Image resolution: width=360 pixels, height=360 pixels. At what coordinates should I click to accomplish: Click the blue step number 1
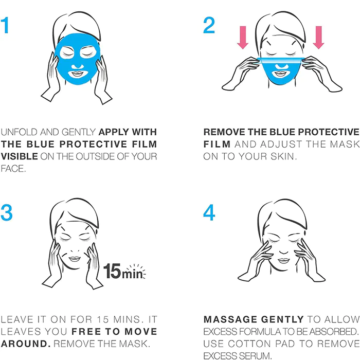[x=5, y=25]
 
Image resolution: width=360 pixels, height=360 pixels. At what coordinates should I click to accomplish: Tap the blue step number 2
[x=209, y=25]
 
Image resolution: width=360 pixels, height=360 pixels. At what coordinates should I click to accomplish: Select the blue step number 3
[x=6, y=212]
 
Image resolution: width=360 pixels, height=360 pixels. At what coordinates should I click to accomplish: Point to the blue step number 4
[x=209, y=212]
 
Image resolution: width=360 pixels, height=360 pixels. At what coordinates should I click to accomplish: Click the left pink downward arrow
[x=243, y=38]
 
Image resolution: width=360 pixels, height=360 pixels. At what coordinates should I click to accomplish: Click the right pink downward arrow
[x=318, y=38]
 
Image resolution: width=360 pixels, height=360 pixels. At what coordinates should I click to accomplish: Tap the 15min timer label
[x=124, y=271]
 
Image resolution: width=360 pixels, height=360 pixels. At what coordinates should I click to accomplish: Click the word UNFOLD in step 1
[x=19, y=132]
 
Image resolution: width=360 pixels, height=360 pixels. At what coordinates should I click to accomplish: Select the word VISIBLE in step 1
[x=20, y=156]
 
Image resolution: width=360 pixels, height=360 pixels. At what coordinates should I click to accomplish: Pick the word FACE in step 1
[x=12, y=169]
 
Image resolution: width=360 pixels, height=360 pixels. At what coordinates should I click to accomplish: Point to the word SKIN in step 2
[x=282, y=156]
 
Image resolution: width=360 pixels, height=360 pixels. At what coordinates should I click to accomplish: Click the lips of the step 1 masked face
[x=77, y=74]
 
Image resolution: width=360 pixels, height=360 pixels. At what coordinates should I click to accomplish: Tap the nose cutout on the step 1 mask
[x=78, y=66]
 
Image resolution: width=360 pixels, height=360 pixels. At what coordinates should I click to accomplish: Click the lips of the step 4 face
[x=284, y=261]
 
